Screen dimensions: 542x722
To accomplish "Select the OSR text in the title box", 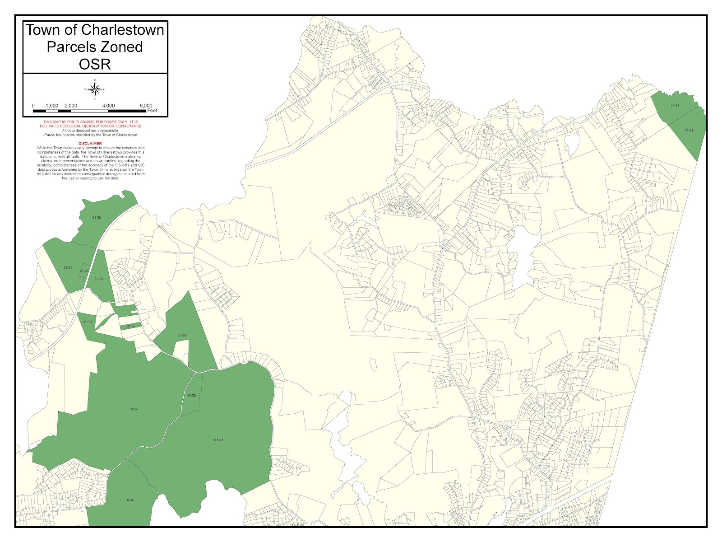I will point(95,64).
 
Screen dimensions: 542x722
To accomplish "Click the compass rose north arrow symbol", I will point(95,89).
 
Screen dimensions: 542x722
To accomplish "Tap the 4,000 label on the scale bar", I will point(108,106).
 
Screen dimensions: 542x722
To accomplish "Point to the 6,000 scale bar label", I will point(146,106).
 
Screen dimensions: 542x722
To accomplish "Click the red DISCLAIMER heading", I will point(90,144).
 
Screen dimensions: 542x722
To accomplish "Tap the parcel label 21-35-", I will point(97,218).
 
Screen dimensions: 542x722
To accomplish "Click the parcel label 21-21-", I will point(68,268).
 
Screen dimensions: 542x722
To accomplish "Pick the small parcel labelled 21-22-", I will point(84,271).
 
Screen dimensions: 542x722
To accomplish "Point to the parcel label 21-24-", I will point(99,279).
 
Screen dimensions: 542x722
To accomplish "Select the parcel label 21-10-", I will point(88,322).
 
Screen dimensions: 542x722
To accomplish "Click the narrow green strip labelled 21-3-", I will point(130,326).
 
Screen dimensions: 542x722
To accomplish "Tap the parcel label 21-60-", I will point(182,336).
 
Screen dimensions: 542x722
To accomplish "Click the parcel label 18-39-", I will point(192,396).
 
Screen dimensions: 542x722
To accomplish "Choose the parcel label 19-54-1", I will point(218,440).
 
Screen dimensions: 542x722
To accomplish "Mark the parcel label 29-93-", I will point(675,106).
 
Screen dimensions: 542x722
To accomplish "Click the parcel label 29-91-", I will point(689,131).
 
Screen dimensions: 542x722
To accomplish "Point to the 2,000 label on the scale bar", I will point(71,106).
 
